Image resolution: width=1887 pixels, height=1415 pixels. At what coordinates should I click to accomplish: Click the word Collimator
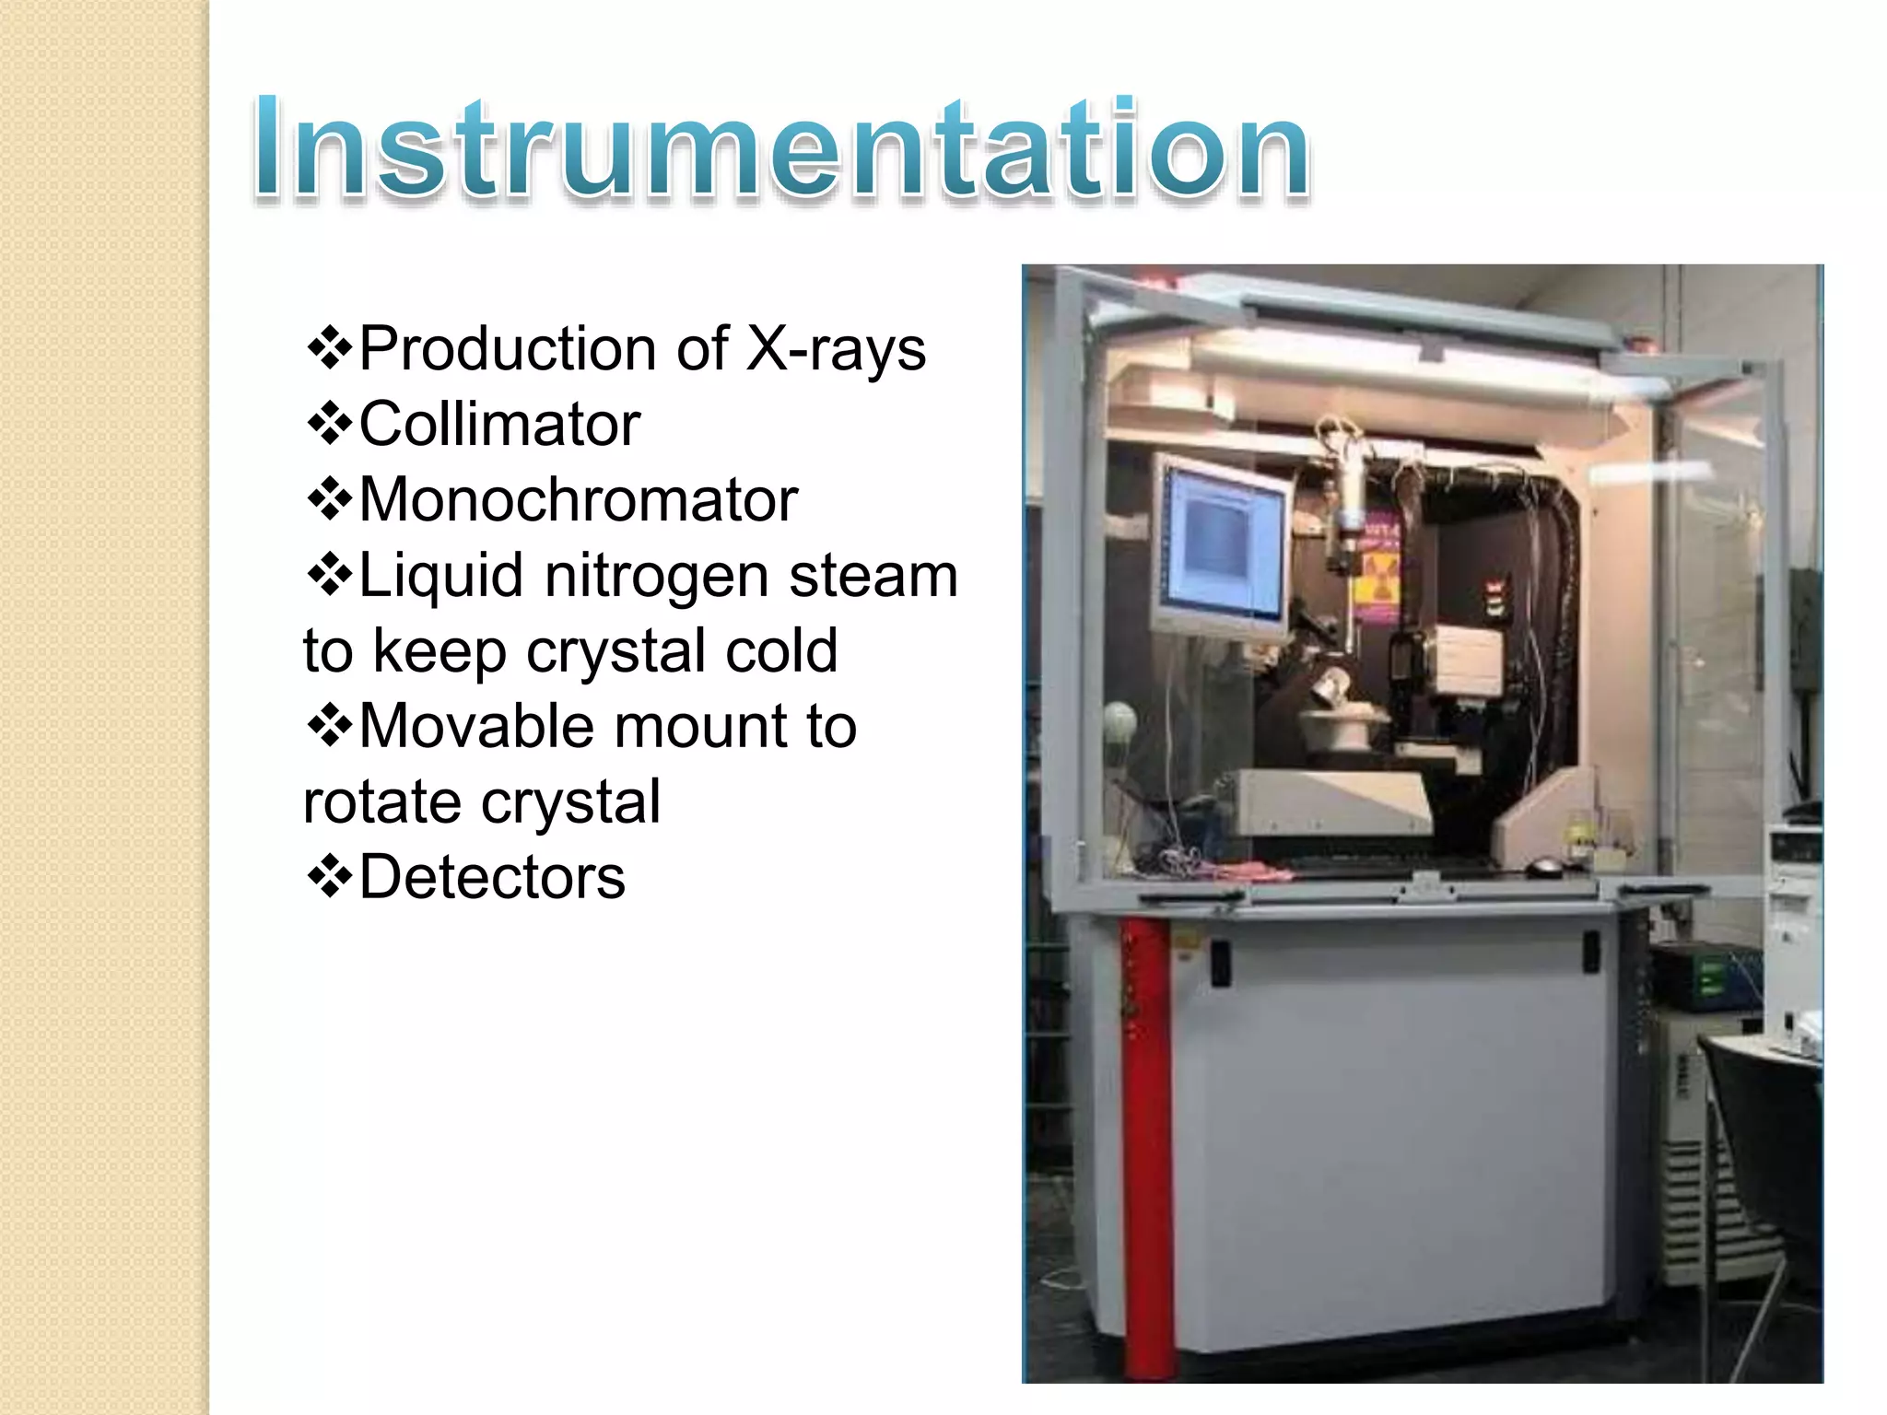click(x=499, y=424)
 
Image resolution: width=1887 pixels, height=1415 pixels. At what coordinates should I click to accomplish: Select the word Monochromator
click(x=578, y=499)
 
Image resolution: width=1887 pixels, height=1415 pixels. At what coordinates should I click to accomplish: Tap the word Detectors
click(x=492, y=876)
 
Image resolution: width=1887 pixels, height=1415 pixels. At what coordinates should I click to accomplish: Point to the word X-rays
click(x=835, y=348)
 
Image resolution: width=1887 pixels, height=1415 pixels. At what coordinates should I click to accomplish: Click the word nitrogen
click(x=656, y=575)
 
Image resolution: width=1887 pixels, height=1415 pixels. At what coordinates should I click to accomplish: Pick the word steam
click(x=873, y=575)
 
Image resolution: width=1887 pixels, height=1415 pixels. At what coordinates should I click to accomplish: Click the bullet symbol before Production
click(x=329, y=349)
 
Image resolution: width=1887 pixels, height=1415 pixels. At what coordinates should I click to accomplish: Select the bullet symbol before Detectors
click(x=329, y=877)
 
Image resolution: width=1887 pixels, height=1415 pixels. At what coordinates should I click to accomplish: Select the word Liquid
click(x=441, y=575)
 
